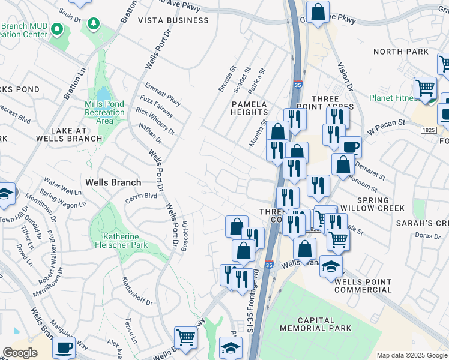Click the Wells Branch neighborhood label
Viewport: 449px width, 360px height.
tap(113, 182)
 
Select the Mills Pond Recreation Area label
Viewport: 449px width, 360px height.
tap(104, 112)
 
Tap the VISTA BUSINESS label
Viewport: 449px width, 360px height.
tap(173, 20)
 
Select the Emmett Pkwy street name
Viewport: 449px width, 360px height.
tap(163, 94)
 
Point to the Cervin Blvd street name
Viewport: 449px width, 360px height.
tap(140, 196)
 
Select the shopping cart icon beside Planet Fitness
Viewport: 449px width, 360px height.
tap(425, 88)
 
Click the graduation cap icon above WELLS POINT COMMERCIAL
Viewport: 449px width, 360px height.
tap(331, 266)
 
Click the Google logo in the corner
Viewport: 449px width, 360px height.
tap(20, 353)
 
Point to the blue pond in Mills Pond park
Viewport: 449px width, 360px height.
tap(104, 94)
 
